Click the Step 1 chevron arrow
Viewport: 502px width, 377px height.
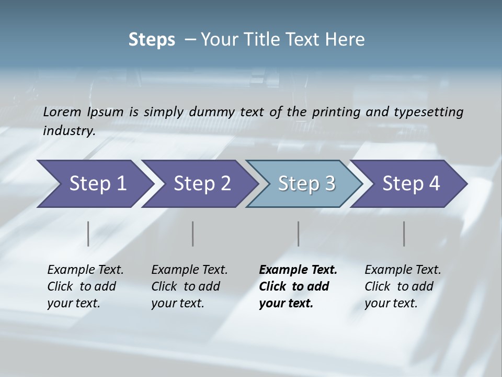94,184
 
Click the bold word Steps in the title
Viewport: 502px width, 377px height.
152,40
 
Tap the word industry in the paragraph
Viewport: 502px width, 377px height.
68,130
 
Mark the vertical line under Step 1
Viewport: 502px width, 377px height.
88,234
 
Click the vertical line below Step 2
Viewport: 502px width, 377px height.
193,234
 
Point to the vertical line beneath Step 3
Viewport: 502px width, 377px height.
298,234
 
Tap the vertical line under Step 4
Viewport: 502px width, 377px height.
404,234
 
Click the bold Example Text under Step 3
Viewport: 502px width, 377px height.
298,270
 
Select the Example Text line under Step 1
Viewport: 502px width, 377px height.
85,270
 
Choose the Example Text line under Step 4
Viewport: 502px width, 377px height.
403,270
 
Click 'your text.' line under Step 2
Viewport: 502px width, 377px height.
177,303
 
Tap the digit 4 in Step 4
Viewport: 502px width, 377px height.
433,184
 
